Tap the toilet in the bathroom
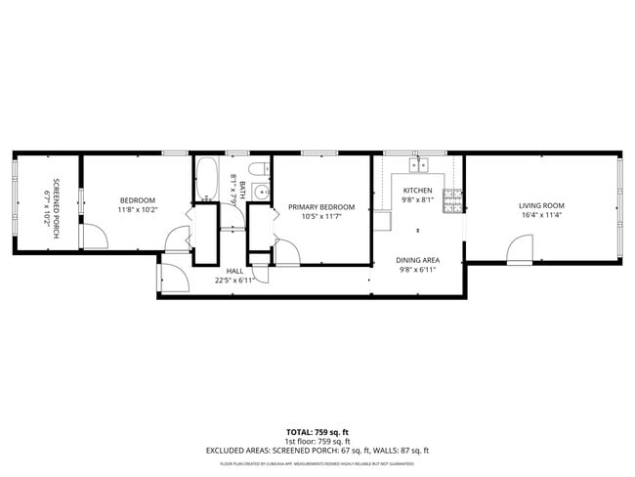pos(258,172)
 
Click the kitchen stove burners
pos(452,201)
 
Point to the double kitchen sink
pos(421,162)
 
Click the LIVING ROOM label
pos(542,205)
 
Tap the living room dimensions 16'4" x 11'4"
pos(542,216)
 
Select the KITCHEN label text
pos(417,190)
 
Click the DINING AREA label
pos(417,260)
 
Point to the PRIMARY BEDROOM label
pos(320,206)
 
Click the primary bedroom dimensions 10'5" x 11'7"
pos(320,217)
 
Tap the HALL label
pos(234,271)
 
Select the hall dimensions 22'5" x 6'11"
pos(234,281)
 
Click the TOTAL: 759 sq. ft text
pos(317,431)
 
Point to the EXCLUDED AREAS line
pos(317,450)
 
